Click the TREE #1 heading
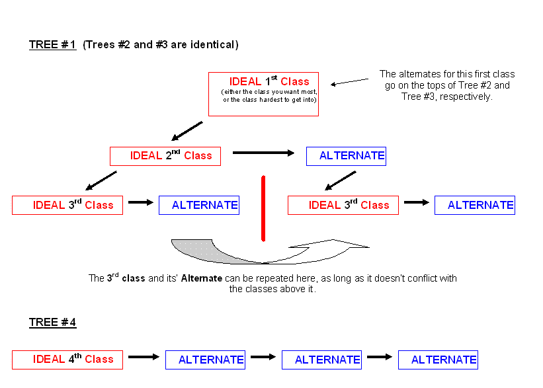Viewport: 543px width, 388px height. point(53,45)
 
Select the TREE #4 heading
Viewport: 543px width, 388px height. point(53,323)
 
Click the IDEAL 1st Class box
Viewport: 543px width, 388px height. point(263,94)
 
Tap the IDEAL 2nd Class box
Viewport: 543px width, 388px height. point(165,156)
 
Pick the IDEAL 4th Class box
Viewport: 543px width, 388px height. point(67,360)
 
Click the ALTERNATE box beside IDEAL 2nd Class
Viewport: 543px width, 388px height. point(346,156)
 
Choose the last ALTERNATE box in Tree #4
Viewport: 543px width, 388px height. point(438,360)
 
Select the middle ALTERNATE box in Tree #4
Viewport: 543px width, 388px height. point(321,360)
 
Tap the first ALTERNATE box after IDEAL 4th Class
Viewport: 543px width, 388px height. point(205,360)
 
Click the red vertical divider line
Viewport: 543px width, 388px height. point(263,208)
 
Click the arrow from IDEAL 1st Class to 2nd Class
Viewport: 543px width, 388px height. point(187,131)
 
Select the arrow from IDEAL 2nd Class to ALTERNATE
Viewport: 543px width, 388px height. point(263,153)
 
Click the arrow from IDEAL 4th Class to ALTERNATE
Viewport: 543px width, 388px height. point(144,357)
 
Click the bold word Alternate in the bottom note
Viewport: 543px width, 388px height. point(202,278)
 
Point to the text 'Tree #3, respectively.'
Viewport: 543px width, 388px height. point(446,96)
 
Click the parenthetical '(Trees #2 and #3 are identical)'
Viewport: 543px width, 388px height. point(161,45)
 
